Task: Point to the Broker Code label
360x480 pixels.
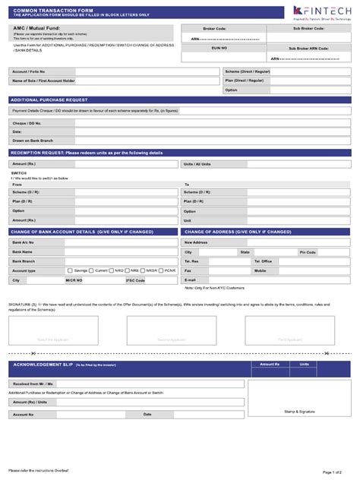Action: coord(215,28)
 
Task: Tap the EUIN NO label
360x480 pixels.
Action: coord(215,47)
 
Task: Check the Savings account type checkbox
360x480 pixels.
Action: coord(70,270)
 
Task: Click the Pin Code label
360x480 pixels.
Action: coord(308,252)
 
